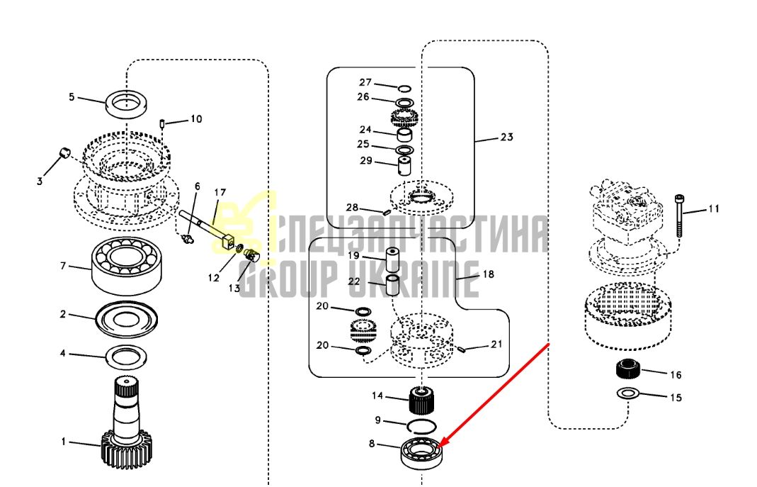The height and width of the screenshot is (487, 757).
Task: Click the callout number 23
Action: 506,138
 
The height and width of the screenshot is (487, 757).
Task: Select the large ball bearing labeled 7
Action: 126,267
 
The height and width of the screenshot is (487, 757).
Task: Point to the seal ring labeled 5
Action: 127,103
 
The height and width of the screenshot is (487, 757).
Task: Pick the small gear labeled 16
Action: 628,369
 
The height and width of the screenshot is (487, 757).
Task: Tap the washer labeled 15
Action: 627,393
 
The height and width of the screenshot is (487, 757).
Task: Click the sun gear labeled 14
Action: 422,401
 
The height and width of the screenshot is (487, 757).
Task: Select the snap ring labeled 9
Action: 422,427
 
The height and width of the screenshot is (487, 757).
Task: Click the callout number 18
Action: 489,274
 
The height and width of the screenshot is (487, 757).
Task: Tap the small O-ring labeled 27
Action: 404,89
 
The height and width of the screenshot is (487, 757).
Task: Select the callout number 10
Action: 196,119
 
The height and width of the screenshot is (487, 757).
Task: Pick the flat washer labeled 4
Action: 126,357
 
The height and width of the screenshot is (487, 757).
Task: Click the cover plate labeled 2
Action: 127,319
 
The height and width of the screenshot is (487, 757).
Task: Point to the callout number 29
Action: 366,160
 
